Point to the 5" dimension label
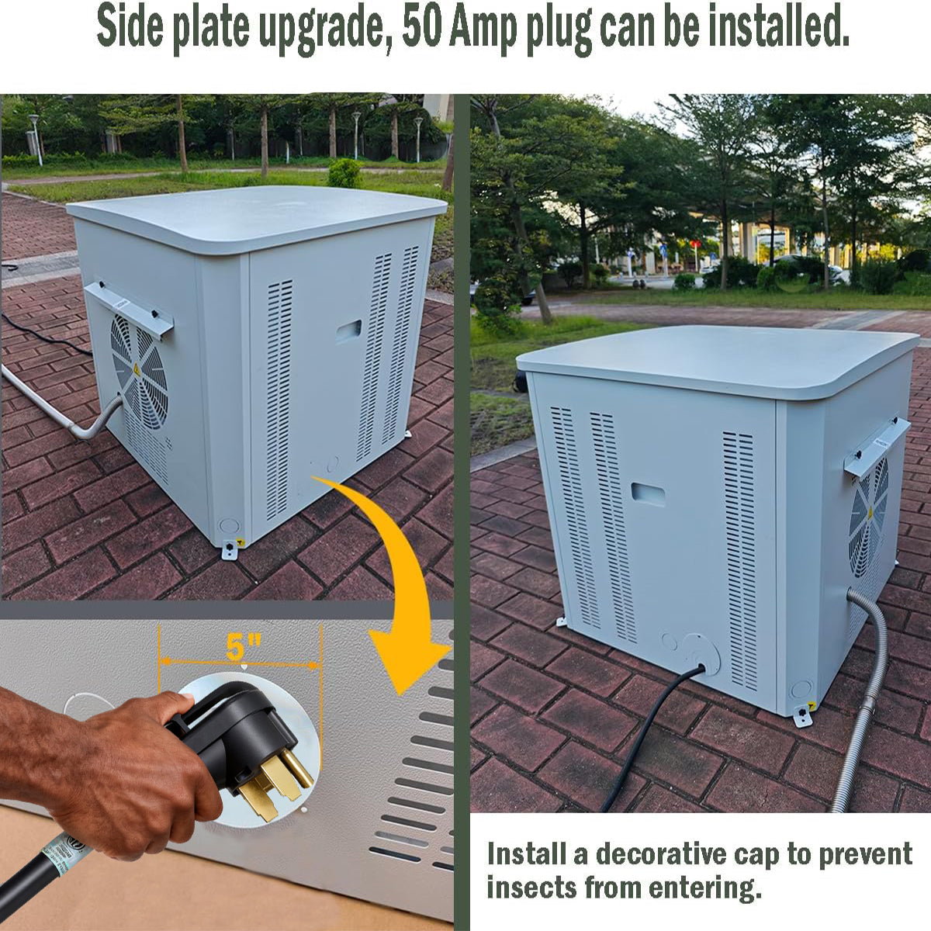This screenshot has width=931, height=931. [244, 646]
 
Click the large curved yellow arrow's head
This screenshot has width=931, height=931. [403, 659]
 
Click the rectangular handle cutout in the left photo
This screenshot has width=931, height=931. [348, 331]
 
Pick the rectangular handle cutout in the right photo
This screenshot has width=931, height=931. [648, 494]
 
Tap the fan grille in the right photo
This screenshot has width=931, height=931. [869, 516]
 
